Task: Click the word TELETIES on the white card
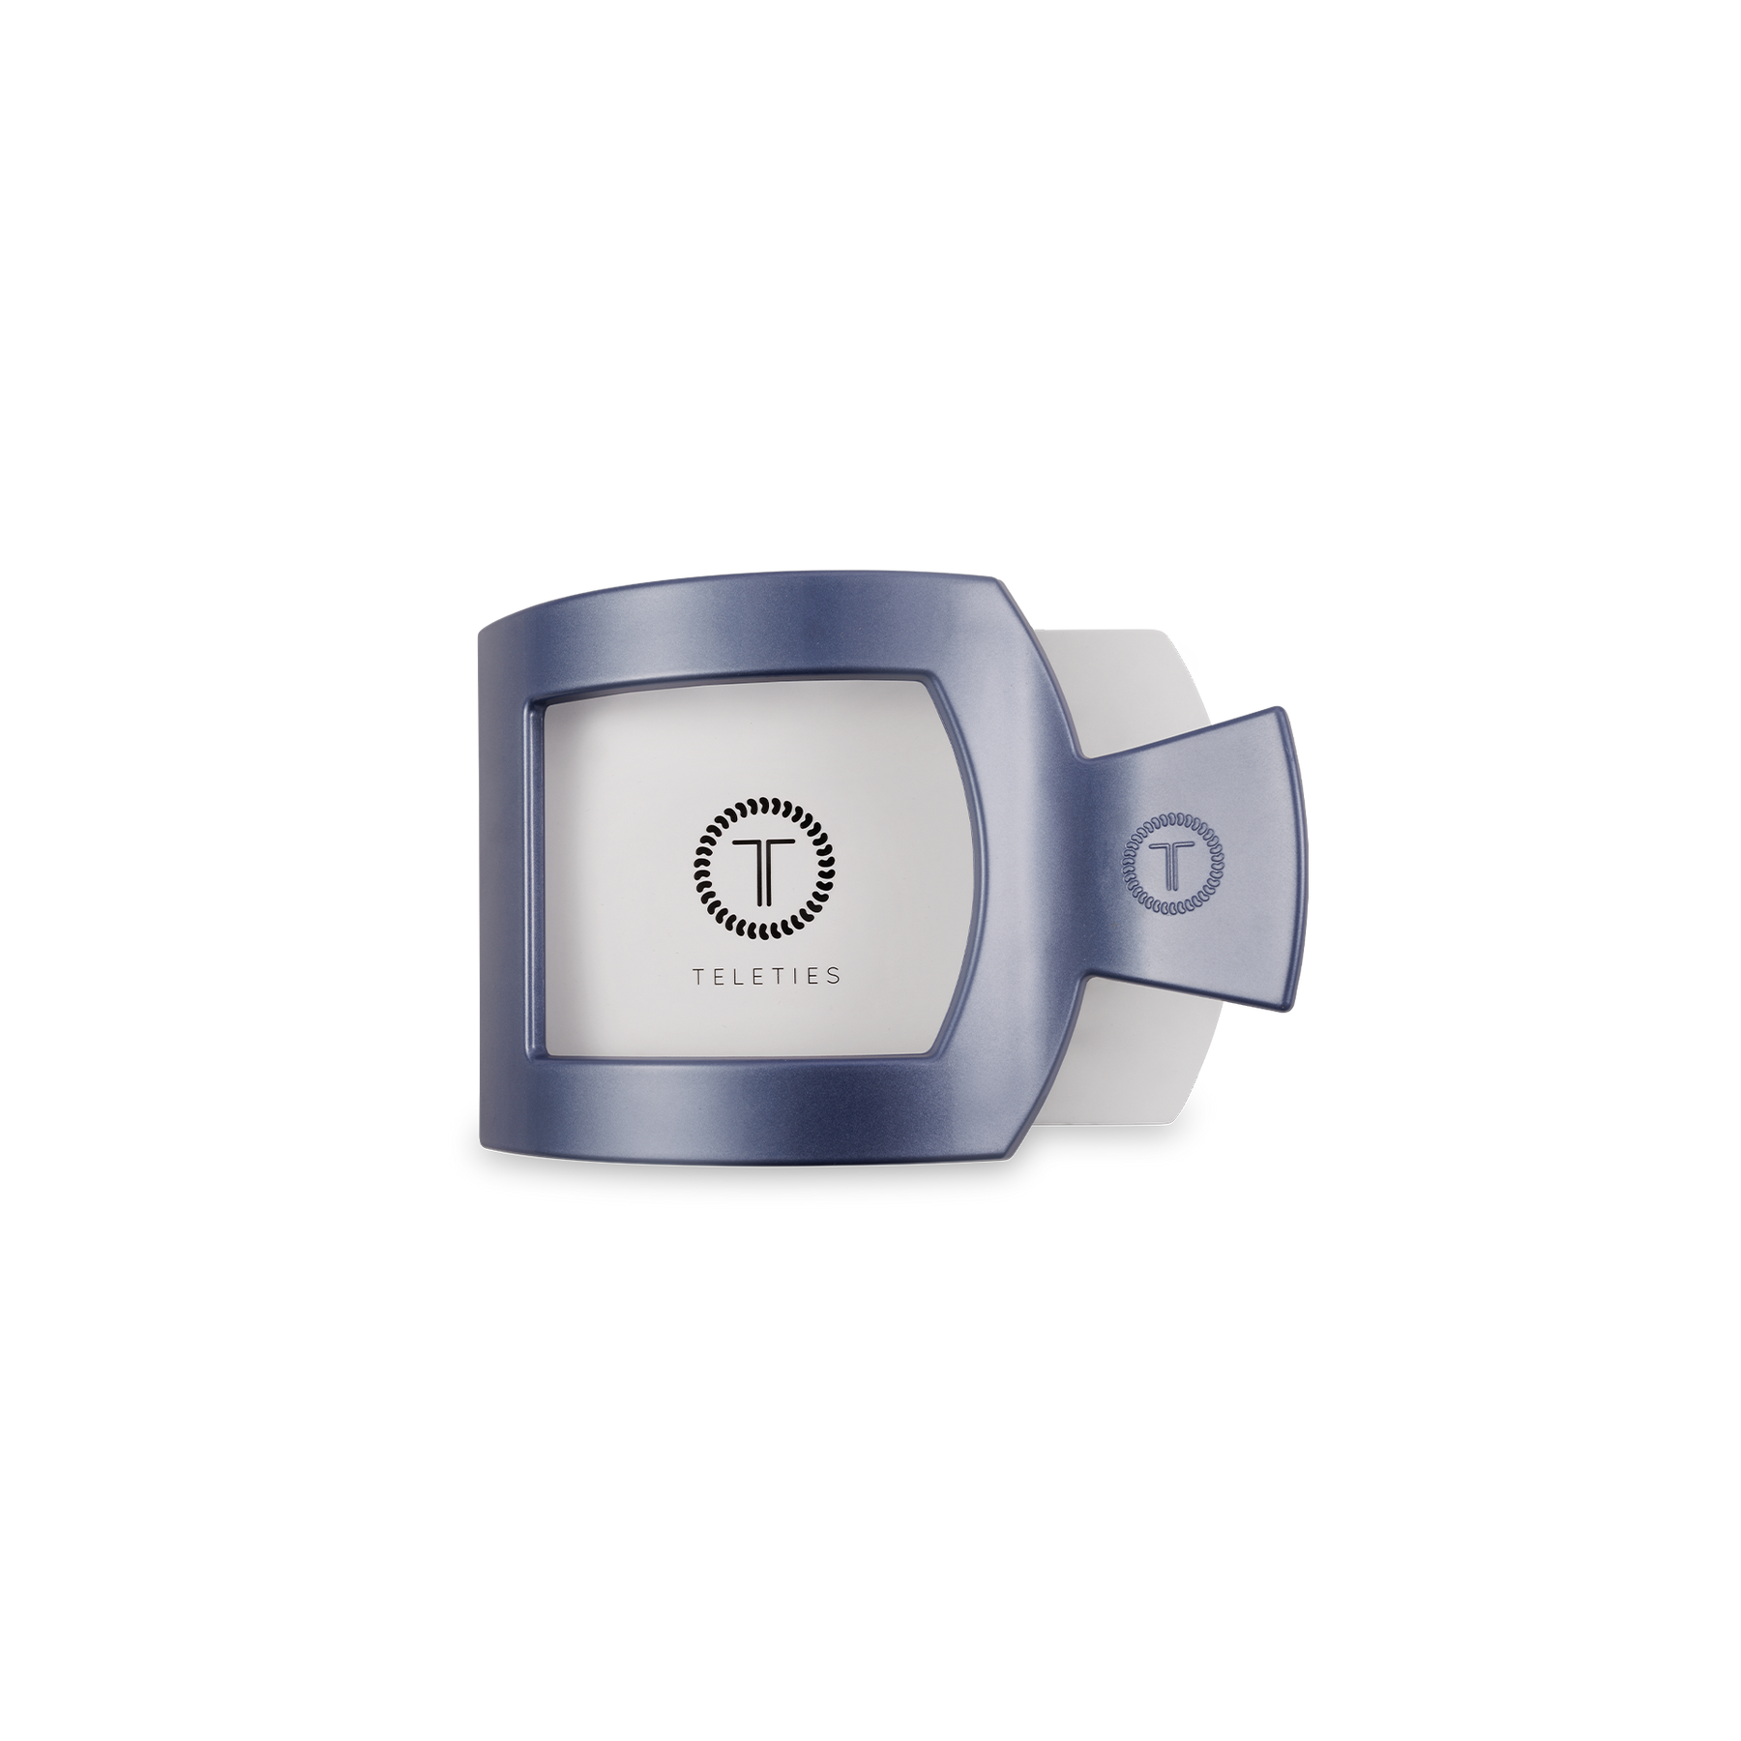coord(766,976)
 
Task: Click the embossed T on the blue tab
coord(1171,864)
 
